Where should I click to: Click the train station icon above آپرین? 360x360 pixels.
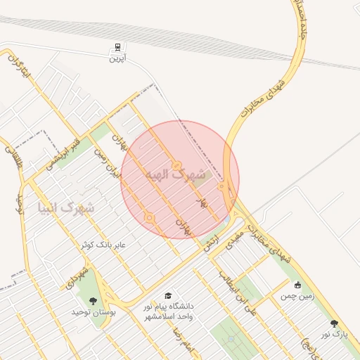pos(117,48)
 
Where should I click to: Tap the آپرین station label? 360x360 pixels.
pos(117,59)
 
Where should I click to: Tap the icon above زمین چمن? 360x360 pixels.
pos(298,285)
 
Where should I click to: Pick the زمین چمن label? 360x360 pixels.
pos(298,296)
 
